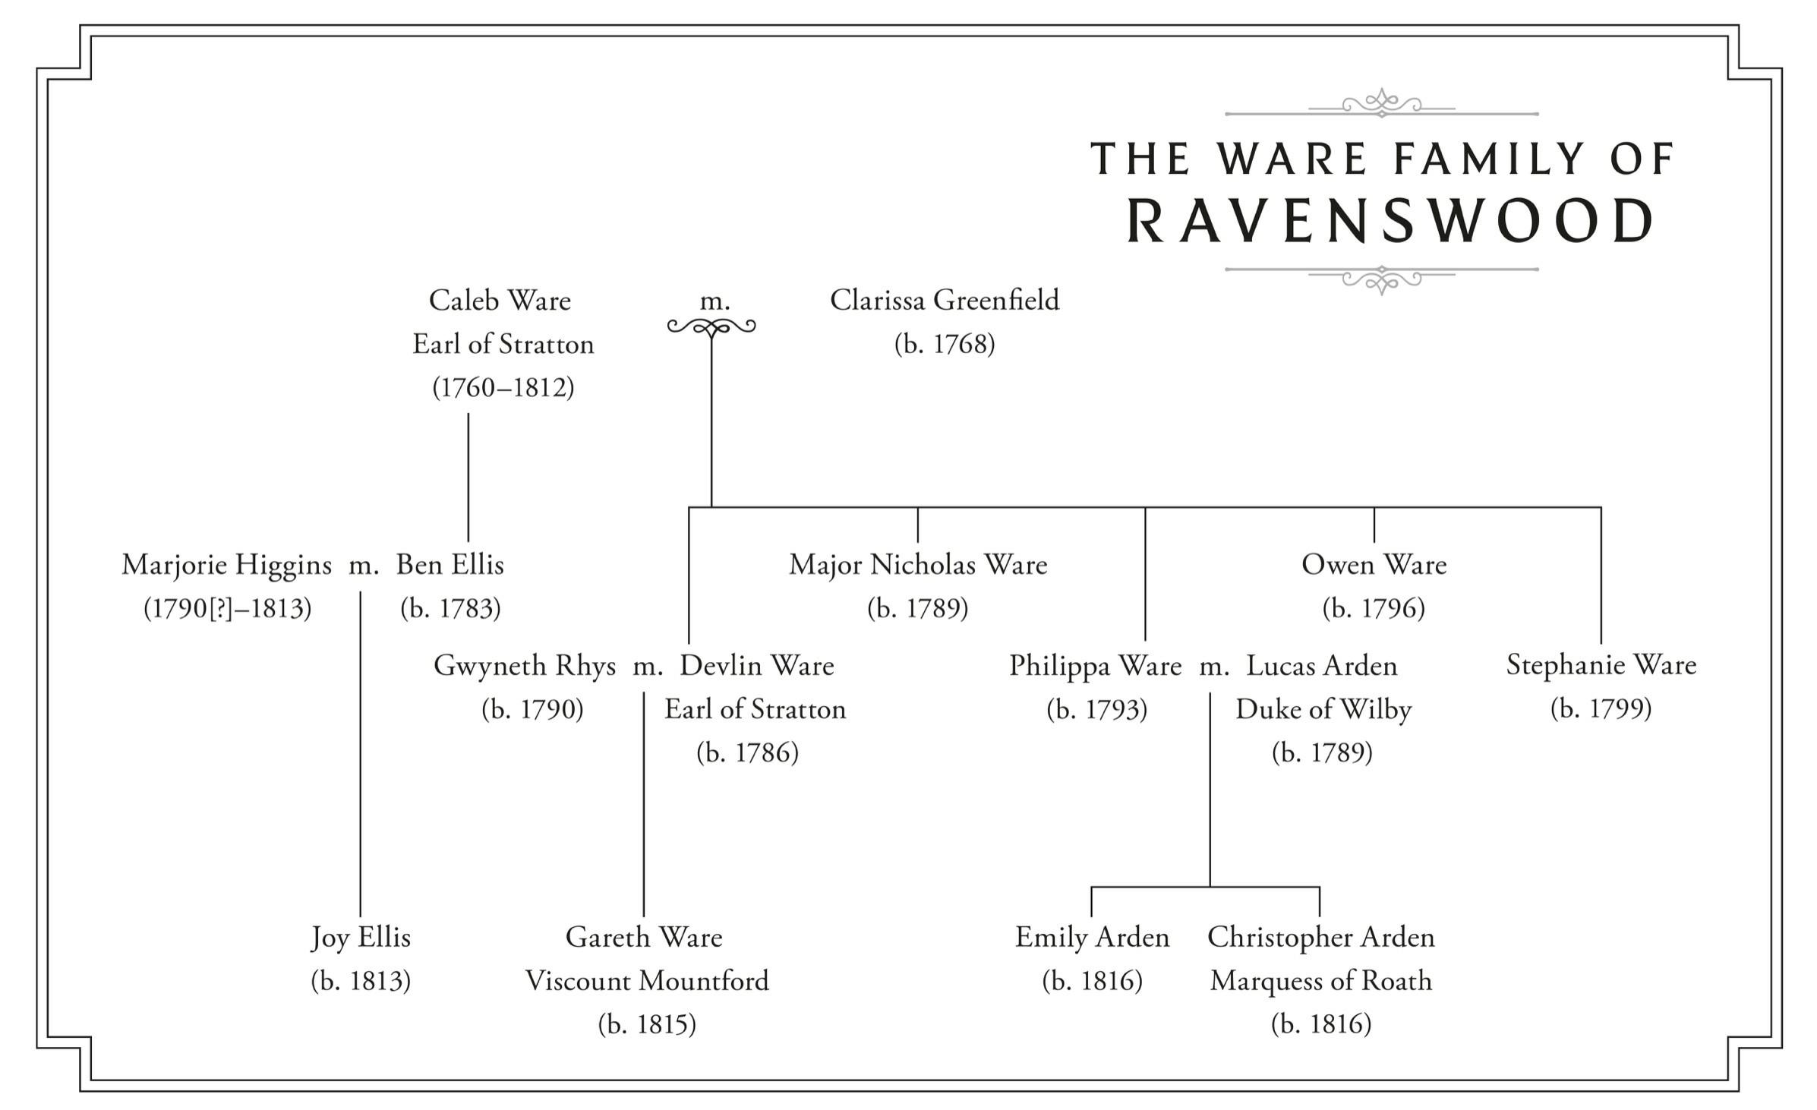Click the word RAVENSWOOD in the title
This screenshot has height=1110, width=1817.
coord(1390,221)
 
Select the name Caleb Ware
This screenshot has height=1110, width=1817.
coord(500,301)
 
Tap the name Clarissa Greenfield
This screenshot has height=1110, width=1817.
coord(944,301)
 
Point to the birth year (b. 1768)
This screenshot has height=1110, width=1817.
coord(944,345)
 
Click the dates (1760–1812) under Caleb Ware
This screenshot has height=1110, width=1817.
coord(503,388)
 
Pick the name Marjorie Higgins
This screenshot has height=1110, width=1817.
coord(226,565)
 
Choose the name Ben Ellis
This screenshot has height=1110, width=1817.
coord(450,565)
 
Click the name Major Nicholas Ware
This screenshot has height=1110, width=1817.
coord(918,565)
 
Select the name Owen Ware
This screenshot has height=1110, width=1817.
coord(1374,565)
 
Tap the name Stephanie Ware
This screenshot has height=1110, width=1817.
coord(1601,666)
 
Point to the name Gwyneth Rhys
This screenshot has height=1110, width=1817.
coord(524,666)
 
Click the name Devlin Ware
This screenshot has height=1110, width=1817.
coord(756,666)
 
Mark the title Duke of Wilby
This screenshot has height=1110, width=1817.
coord(1323,710)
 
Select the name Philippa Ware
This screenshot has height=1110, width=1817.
coord(1095,666)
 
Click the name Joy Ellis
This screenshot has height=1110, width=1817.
coord(361,938)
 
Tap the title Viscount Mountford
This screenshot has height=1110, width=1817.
coord(647,981)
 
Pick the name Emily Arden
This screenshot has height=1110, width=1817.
coord(1092,938)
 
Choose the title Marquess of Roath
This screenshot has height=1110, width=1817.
coord(1321,981)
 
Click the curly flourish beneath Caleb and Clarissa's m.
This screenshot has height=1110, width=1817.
coord(711,327)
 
